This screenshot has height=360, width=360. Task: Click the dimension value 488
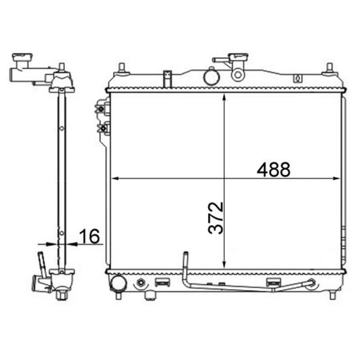coord(273,170)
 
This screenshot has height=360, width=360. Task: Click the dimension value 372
coord(216,218)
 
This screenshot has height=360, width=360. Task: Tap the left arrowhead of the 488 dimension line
coord(114,178)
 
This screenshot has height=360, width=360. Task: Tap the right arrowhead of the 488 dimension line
coord(336,178)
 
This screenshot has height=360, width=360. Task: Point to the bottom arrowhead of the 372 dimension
coord(224,265)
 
